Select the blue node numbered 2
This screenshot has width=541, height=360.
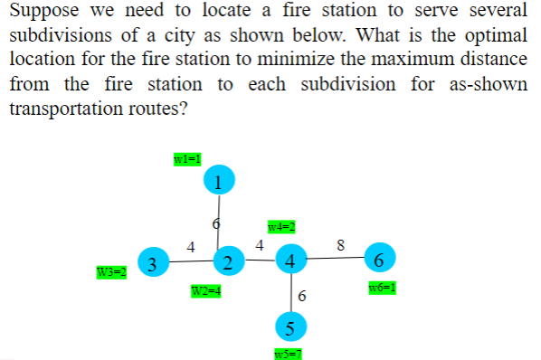click(x=228, y=263)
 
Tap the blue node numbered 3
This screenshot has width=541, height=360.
click(x=154, y=263)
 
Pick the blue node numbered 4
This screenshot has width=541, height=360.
click(x=289, y=261)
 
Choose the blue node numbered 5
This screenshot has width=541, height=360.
click(x=290, y=325)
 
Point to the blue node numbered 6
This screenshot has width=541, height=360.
click(x=379, y=260)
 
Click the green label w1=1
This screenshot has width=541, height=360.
click(x=185, y=159)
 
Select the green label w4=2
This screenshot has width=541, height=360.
click(x=282, y=226)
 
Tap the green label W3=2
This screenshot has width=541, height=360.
click(x=110, y=272)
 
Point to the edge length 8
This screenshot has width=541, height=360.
click(x=340, y=243)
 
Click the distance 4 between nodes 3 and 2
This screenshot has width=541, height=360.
click(x=190, y=245)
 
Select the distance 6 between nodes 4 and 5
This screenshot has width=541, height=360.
click(x=302, y=297)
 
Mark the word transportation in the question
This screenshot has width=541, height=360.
click(x=57, y=109)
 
